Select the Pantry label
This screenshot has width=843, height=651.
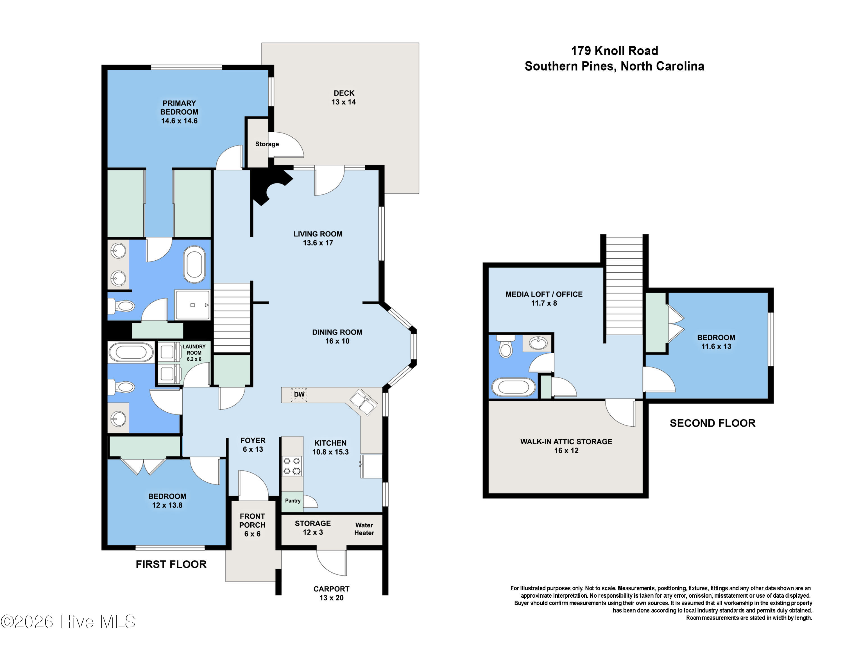[x=293, y=500]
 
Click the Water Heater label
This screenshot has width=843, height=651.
[x=364, y=529]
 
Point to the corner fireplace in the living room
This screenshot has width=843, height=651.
[x=268, y=186]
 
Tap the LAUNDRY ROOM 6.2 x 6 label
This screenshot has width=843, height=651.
[x=194, y=352]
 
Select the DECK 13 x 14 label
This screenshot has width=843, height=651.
[x=344, y=97]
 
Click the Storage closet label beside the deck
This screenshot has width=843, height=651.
[x=267, y=144]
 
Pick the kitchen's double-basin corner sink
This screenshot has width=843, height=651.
[x=362, y=402]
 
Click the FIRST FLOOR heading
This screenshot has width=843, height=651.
[x=171, y=564]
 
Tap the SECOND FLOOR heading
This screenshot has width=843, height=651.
[x=712, y=423]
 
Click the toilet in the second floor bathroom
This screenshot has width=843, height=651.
[x=505, y=347]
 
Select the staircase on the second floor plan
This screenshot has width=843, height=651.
[x=624, y=285]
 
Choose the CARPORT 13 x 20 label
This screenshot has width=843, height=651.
[x=331, y=593]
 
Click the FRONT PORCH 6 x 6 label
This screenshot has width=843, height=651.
[x=252, y=525]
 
